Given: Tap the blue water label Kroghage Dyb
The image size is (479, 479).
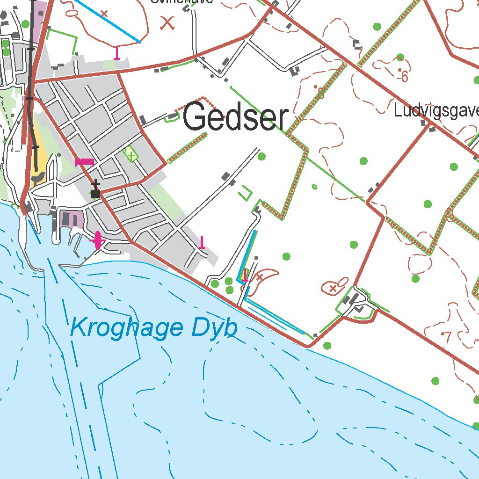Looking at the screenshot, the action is tap(153, 328).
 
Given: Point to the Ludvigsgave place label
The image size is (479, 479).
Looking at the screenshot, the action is tap(436, 111).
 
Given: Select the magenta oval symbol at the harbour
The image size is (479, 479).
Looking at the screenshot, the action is tap(97, 240).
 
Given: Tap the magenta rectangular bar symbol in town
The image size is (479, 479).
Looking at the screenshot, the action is tap(85, 162).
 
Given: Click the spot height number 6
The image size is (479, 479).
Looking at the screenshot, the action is tap(405, 77).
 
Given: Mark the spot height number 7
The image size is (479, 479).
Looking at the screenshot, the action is tap(448, 336).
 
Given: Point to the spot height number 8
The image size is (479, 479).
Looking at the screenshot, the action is tap(321, 94).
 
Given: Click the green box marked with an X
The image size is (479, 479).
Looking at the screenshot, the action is tap(131, 154).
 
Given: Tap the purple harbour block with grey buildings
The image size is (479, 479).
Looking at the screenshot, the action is tap(71, 219).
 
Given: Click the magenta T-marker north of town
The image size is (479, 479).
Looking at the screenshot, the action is tap(117, 53).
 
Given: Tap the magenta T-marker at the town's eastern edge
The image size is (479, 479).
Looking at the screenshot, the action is tap(202, 242).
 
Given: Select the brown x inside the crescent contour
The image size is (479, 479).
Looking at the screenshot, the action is tap(259, 277).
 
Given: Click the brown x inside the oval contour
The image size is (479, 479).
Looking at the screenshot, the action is tap(333, 289).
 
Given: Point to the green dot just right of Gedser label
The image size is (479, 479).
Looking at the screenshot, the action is tap(261, 156).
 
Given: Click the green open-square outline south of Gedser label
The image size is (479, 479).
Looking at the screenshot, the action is tap(245, 193).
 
